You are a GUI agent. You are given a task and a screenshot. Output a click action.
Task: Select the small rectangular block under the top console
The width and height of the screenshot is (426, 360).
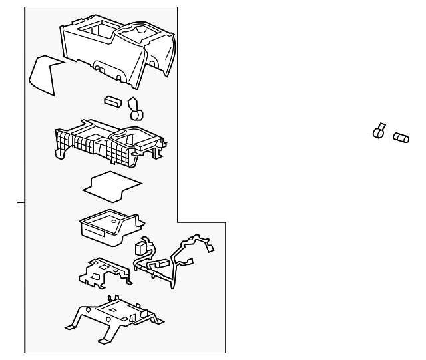[x=112, y=101]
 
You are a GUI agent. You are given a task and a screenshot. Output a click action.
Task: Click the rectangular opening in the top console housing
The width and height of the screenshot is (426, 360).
[x=93, y=31]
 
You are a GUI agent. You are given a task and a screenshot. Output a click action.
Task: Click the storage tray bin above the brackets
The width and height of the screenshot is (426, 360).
[x=106, y=225]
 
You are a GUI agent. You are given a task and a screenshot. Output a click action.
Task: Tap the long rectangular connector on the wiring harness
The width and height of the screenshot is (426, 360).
[x=160, y=264]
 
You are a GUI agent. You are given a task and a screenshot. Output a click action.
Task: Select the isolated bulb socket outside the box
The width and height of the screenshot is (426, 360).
[x=379, y=131]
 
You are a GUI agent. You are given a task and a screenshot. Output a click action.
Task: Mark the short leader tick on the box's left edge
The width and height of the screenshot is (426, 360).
[x=21, y=201]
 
